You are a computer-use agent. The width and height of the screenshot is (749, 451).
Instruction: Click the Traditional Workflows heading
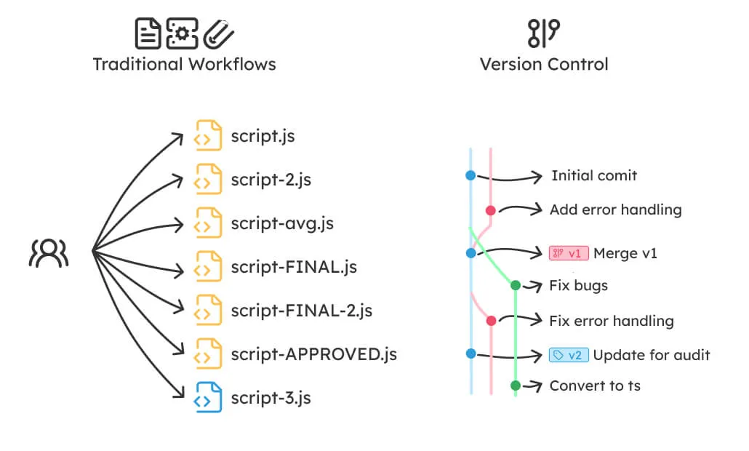(184, 64)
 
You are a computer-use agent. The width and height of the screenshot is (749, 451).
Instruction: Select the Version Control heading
(543, 64)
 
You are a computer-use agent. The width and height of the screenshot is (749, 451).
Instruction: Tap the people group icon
(49, 252)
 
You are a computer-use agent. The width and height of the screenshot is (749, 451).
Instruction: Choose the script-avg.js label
(282, 223)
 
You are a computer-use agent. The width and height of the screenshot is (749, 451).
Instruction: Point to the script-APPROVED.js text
(313, 354)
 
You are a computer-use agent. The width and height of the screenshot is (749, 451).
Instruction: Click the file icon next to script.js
(208, 136)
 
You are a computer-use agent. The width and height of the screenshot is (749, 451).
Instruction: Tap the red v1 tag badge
(568, 253)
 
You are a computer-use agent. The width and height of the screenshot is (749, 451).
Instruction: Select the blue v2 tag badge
(568, 355)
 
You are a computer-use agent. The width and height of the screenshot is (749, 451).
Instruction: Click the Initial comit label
(593, 175)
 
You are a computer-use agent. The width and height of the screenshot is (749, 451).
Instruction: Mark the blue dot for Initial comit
(470, 175)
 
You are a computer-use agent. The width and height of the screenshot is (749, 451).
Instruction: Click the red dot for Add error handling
(491, 210)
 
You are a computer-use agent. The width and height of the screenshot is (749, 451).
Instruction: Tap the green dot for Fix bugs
(515, 285)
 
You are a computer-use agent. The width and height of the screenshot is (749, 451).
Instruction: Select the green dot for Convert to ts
(515, 386)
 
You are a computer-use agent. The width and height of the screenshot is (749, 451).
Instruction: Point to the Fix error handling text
(611, 321)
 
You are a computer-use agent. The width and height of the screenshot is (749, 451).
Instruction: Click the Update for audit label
(651, 355)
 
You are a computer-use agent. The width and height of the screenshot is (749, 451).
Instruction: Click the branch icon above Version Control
(543, 33)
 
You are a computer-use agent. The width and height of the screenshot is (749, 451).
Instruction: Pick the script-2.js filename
(271, 180)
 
